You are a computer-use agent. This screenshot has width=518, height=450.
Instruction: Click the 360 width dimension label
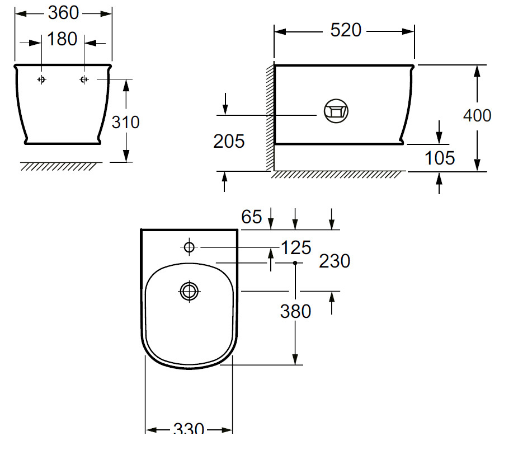coord(63,12)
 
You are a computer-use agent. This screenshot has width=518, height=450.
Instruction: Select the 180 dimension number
coord(63,40)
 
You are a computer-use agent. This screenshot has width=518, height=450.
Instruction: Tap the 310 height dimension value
coord(126,121)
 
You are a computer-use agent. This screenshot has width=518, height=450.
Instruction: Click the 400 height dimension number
coord(477,115)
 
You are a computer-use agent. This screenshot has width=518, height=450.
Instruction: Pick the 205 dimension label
coord(229,142)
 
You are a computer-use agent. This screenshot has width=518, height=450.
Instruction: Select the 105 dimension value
coord(440,158)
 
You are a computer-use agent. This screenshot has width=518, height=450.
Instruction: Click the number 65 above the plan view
coord(252,217)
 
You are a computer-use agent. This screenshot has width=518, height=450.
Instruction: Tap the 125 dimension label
coord(295,247)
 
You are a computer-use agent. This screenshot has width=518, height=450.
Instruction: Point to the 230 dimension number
coord(335,261)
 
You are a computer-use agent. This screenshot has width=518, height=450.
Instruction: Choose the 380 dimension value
coord(295,311)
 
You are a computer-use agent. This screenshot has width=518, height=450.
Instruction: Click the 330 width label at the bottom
coord(189,429)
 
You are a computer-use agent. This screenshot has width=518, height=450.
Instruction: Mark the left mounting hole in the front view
coord(41,79)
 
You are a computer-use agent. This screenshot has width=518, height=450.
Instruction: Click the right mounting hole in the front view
coord(84,79)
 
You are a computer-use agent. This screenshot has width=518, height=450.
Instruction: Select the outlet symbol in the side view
coord(336,110)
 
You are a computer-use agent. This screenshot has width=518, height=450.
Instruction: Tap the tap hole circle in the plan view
coord(189,247)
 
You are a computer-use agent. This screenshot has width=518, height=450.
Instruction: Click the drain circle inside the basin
coord(189,290)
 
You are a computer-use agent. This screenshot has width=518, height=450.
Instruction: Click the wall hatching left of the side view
coord(270,118)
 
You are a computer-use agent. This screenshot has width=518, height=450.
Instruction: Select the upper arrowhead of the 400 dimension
coord(477,71)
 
